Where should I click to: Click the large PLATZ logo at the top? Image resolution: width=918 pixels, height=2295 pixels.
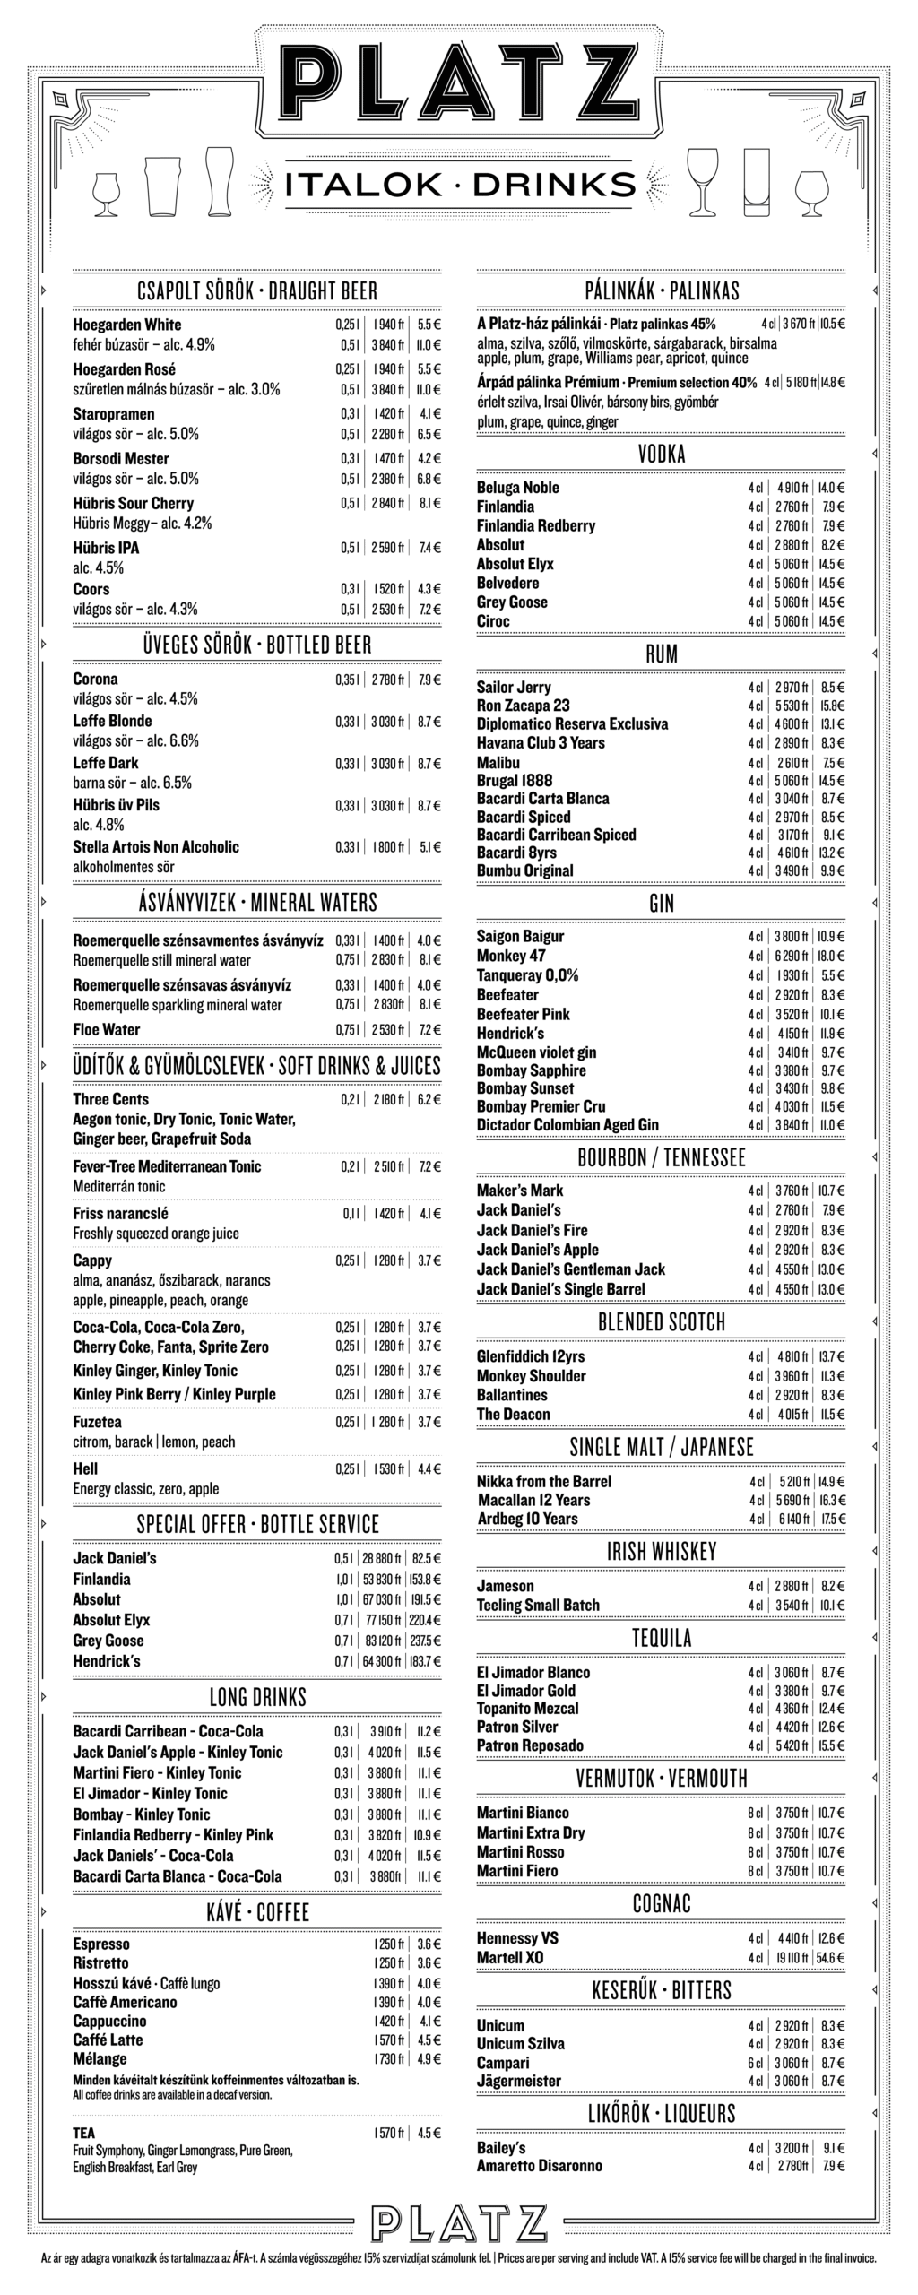point(459,82)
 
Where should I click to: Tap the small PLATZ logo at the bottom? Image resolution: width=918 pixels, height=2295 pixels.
point(459,2222)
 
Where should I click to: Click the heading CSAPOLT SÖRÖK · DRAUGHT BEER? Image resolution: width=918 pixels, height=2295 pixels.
point(257,290)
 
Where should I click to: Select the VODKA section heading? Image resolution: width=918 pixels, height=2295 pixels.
point(662,455)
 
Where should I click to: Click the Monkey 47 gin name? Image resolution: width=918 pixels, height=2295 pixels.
point(511,956)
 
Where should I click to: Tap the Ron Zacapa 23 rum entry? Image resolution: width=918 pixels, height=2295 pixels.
point(523,706)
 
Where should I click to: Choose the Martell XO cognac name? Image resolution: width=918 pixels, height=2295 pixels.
point(510,1957)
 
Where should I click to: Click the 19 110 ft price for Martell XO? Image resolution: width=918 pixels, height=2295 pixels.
point(790,1957)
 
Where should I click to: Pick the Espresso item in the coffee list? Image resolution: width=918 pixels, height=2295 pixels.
point(101,1944)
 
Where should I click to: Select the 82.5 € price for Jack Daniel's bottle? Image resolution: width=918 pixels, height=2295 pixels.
point(427,1558)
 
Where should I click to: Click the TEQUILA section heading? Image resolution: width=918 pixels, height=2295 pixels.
point(662,1638)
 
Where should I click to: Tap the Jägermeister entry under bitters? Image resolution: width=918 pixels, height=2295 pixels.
point(519,2080)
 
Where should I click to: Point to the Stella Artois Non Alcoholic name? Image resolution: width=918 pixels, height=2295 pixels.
point(156,846)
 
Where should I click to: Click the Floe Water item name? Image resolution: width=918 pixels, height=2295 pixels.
point(107,1029)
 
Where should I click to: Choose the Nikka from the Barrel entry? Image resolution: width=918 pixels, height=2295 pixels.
point(543,1481)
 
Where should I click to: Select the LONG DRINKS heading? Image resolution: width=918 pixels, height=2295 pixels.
point(257,1697)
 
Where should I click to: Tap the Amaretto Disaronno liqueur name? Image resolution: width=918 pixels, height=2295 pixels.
point(540,2165)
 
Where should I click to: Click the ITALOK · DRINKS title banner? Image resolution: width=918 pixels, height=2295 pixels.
point(459,185)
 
